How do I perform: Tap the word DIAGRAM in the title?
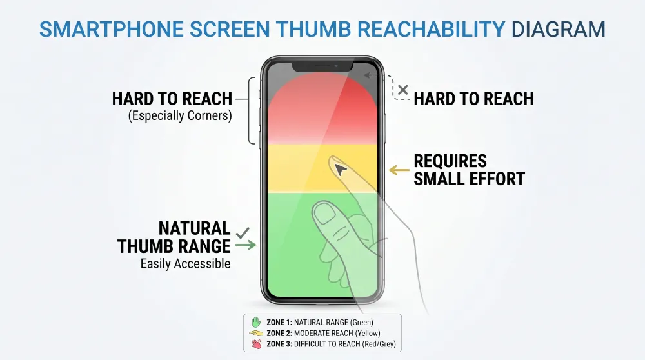click(558, 30)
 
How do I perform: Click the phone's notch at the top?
click(322, 66)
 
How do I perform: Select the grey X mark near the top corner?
click(403, 90)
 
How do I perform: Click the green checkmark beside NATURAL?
click(243, 232)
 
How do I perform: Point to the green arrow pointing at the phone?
click(246, 245)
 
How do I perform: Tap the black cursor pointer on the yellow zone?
click(341, 170)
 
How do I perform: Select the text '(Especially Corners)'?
click(180, 116)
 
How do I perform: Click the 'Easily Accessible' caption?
click(185, 264)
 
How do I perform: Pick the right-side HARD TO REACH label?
click(473, 99)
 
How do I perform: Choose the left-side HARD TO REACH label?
click(172, 99)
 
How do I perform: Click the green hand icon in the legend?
click(255, 321)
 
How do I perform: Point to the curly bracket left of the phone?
click(252, 110)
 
